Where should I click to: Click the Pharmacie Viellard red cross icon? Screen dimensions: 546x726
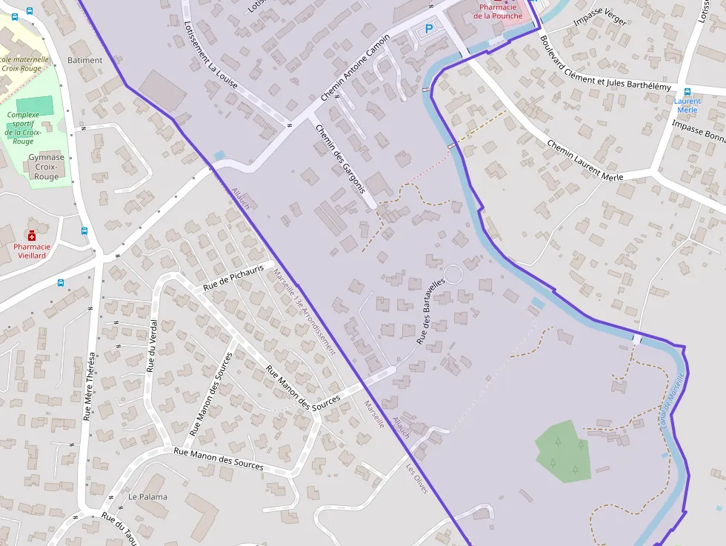click(x=32, y=233)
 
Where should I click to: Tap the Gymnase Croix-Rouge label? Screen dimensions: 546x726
click(x=46, y=167)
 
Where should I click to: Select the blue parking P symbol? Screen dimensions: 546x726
click(x=428, y=29)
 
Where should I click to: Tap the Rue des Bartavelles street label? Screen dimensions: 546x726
click(x=430, y=311)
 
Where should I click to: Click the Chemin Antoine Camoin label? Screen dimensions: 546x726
click(x=356, y=67)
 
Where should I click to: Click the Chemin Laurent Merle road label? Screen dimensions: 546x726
click(x=585, y=160)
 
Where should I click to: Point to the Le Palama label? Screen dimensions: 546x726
click(x=147, y=496)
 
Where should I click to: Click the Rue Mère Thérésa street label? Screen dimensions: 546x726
click(x=90, y=385)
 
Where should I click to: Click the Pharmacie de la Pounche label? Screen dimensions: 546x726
click(x=498, y=12)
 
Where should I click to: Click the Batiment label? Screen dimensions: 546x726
click(x=85, y=60)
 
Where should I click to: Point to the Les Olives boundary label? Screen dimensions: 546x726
click(x=417, y=479)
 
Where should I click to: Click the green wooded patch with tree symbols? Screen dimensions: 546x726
click(x=565, y=451)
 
